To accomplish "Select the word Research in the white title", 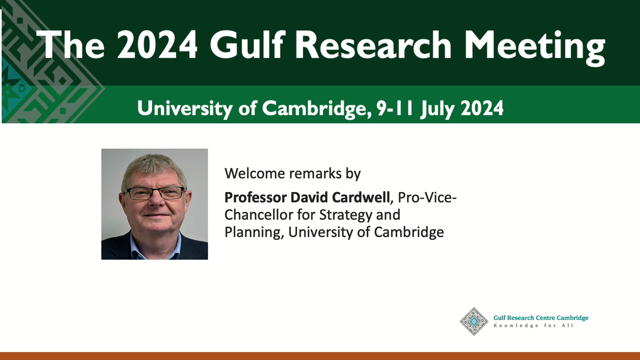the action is [373, 45].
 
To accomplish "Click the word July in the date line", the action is [437, 109].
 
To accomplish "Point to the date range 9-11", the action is [395, 108].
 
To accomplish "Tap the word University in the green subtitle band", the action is [185, 109].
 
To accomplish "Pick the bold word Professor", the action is [255, 197].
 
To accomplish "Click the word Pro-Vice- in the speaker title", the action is [427, 197].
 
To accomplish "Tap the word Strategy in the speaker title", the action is [346, 215].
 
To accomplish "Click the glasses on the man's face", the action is [155, 193].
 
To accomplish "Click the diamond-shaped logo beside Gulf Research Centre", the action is [474, 322].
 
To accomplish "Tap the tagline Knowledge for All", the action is [533, 326].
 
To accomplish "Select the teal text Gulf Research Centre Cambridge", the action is [541, 318].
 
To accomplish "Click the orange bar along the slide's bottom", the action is [320, 356].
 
